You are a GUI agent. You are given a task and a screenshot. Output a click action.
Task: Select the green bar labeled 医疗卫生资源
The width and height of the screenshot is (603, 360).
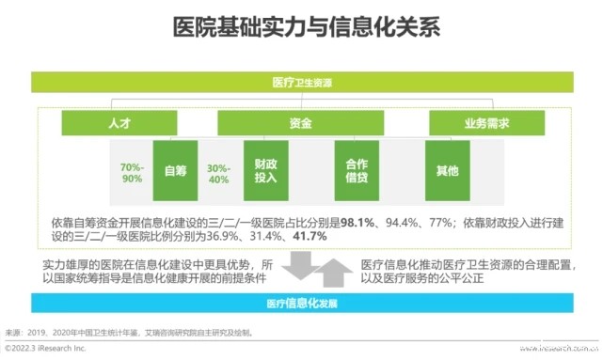click(x=300, y=83)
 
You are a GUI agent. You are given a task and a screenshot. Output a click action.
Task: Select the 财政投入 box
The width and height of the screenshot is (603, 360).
click(x=266, y=171)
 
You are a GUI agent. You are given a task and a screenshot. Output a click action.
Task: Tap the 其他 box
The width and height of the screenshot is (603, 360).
click(x=448, y=171)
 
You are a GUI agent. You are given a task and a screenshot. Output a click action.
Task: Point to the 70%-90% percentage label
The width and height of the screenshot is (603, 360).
click(x=132, y=172)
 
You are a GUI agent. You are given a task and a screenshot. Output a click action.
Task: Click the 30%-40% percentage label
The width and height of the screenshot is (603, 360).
click(x=218, y=172)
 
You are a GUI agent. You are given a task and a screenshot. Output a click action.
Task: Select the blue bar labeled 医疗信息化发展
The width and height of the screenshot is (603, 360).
click(x=300, y=305)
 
